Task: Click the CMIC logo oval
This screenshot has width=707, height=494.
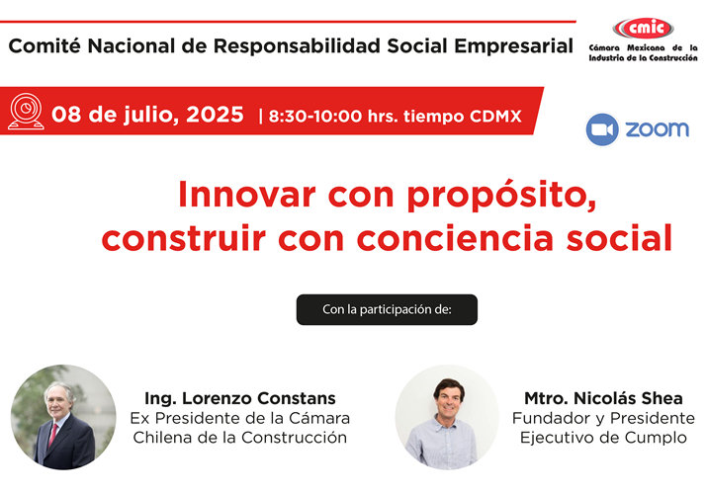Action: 640,28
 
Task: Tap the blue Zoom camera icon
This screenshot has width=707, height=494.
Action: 602,130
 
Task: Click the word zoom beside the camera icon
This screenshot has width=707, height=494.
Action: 657,130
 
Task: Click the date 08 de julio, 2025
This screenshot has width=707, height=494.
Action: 147,114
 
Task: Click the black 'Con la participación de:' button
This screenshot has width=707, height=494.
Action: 387,309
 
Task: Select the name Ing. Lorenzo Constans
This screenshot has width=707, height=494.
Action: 239,398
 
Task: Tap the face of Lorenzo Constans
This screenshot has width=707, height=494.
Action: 58,399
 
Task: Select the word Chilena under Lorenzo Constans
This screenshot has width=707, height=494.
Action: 166,437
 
